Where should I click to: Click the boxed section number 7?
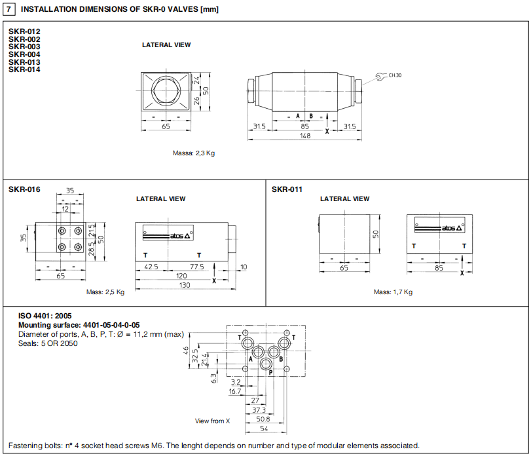coord(10,9)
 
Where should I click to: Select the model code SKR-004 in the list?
coord(24,54)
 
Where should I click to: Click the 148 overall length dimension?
coord(304,136)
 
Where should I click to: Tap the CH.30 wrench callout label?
coord(395,75)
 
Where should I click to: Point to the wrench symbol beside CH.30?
coord(379,77)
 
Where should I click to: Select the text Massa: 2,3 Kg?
coord(194,153)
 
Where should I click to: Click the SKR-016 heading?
coord(24,189)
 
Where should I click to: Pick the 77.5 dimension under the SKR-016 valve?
coord(196,267)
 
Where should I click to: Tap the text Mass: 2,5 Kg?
coord(105,292)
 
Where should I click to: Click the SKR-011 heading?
coord(287,189)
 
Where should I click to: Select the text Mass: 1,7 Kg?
coord(393,292)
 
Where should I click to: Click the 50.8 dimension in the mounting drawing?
coord(262,419)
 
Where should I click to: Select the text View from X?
coord(213,421)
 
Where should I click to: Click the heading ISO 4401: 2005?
coord(45,316)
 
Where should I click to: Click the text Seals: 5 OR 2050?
coord(48,343)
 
